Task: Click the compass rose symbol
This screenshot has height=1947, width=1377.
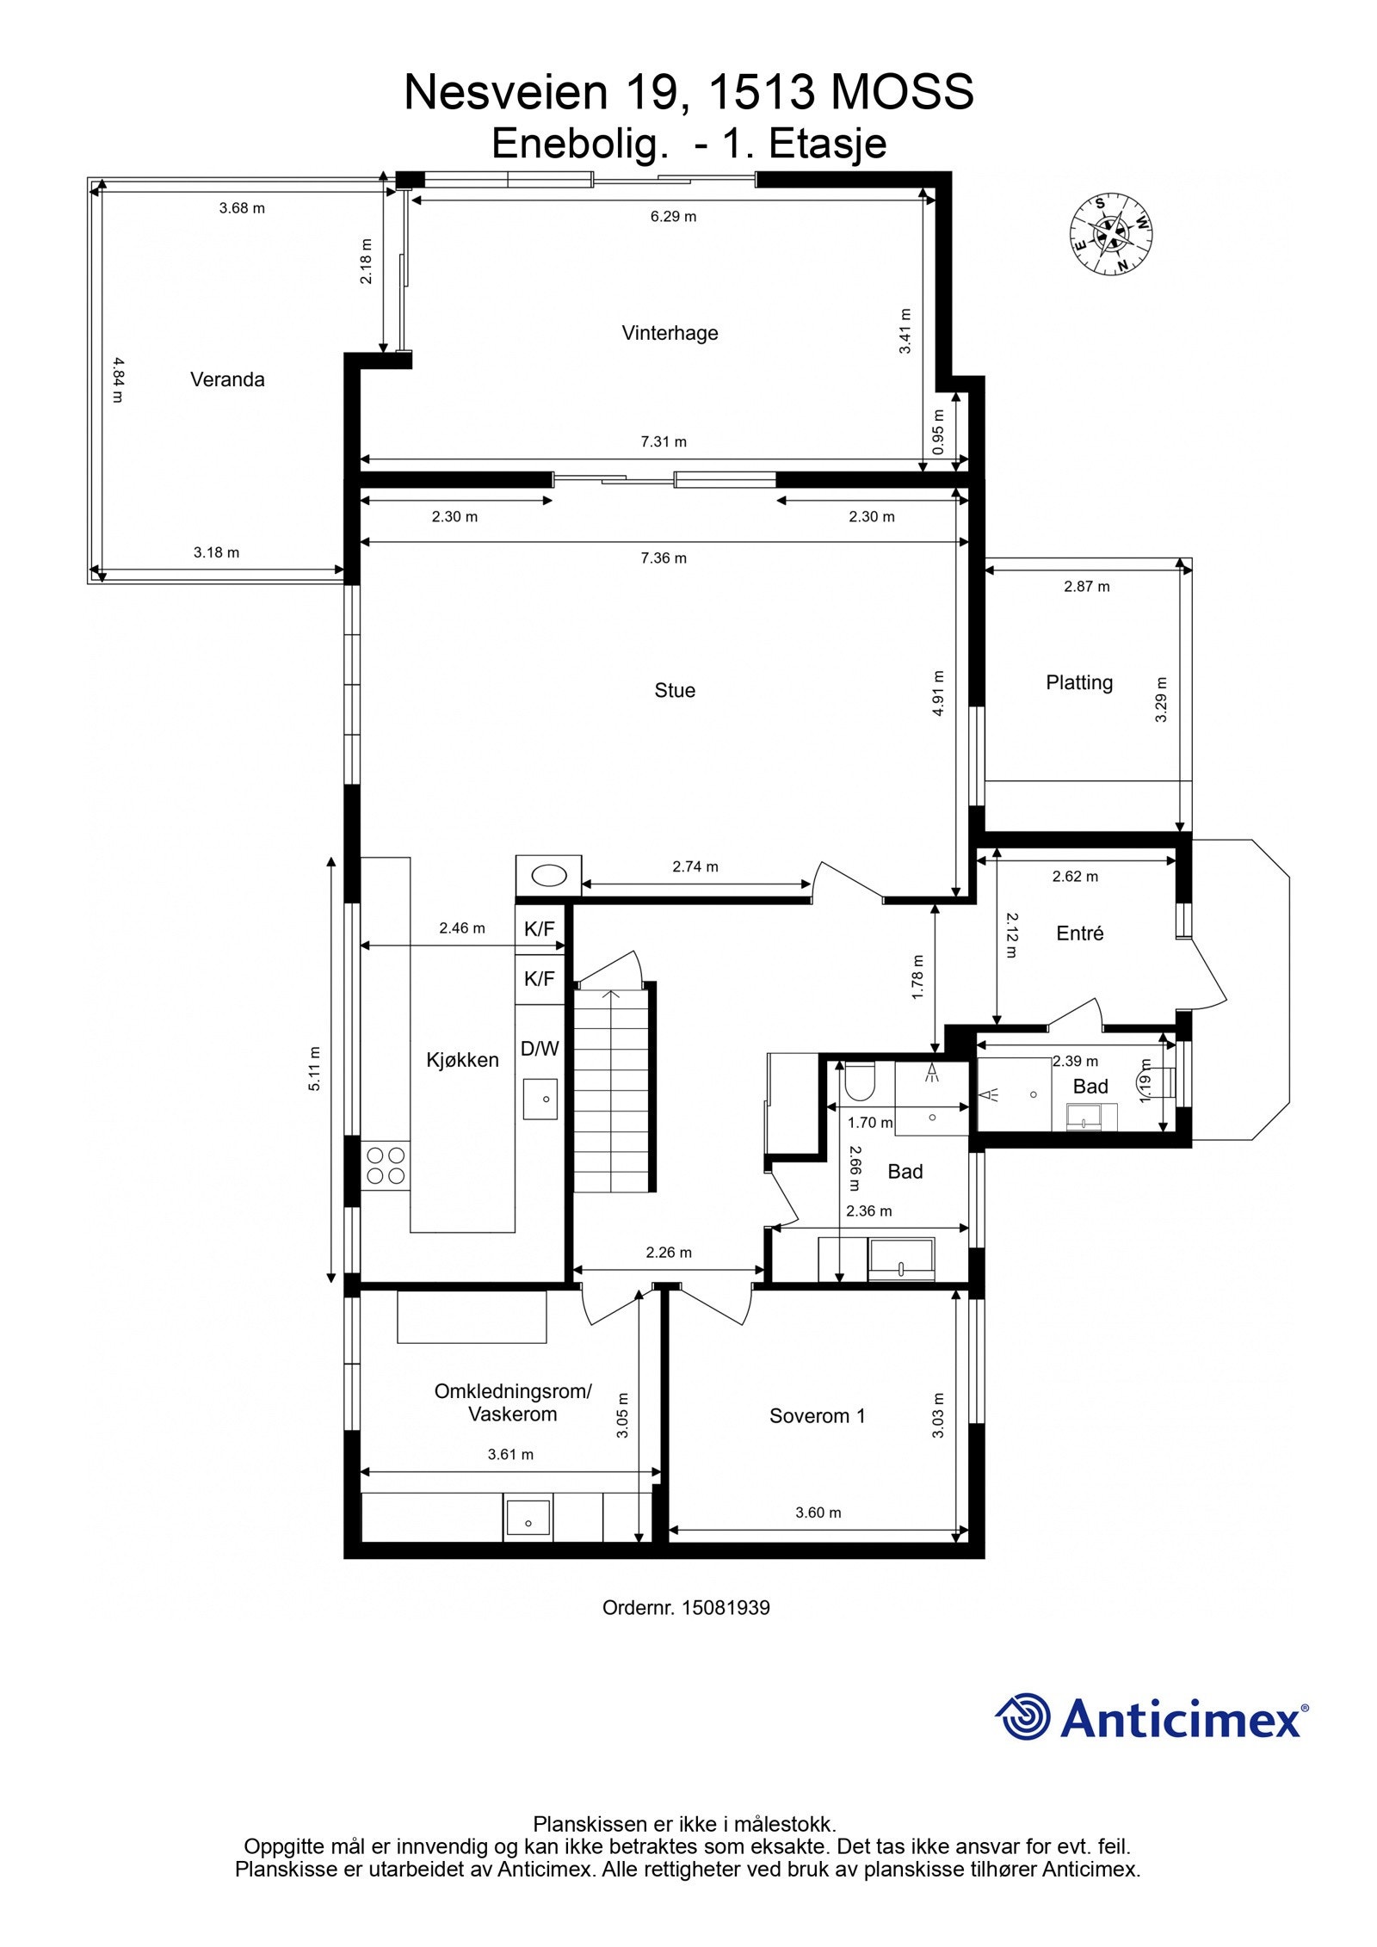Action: click(x=1111, y=233)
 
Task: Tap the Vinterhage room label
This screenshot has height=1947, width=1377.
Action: click(x=670, y=333)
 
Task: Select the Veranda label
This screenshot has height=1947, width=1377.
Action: click(x=227, y=379)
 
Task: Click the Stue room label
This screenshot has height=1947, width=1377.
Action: click(x=675, y=690)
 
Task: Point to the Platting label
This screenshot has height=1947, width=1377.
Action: click(x=1079, y=683)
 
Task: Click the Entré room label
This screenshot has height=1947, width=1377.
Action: click(x=1080, y=933)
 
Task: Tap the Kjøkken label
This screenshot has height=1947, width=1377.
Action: click(x=462, y=1060)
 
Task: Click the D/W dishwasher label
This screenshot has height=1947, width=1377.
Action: click(x=540, y=1049)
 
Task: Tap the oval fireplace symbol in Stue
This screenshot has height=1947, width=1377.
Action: click(x=549, y=877)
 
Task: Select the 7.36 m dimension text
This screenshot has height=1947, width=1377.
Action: click(x=664, y=558)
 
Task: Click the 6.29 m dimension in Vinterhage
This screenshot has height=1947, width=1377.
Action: click(x=673, y=217)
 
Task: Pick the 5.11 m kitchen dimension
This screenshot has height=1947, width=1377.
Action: click(x=315, y=1069)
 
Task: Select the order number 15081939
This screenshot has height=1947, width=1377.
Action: click(x=726, y=1607)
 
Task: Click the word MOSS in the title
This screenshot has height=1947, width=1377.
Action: click(x=902, y=92)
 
